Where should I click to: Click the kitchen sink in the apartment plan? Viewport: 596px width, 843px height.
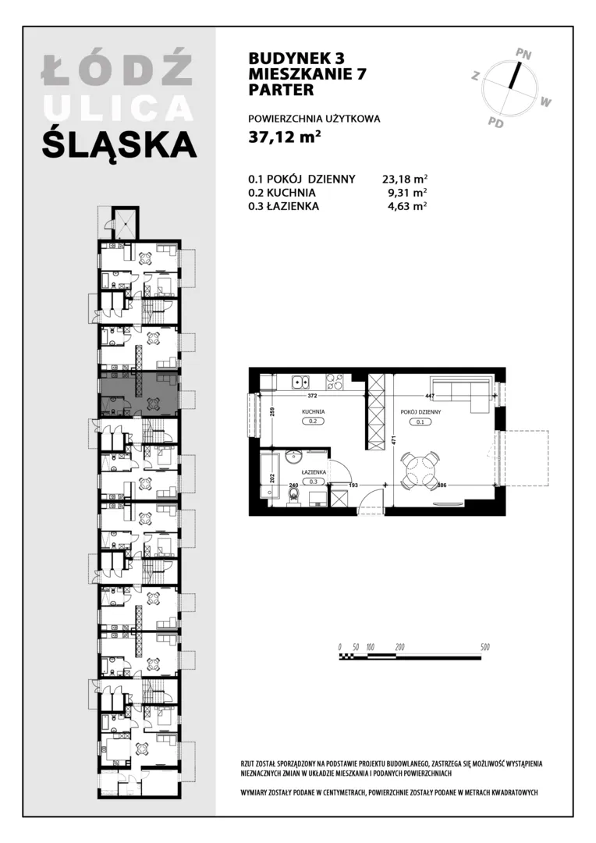[301, 382]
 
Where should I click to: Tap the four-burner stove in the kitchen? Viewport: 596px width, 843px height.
[335, 382]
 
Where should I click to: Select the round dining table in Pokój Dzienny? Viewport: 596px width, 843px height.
[421, 471]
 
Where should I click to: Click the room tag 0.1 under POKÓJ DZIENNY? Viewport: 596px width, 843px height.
[420, 422]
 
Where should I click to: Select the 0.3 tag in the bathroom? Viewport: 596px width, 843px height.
[313, 482]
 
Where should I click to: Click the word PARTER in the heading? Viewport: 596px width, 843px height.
[281, 89]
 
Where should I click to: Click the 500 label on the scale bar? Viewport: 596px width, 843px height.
[484, 647]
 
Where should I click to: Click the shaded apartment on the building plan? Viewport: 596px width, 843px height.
[138, 393]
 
